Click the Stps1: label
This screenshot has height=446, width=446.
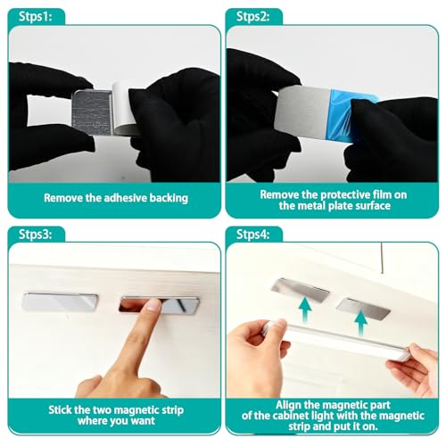[x=36, y=16]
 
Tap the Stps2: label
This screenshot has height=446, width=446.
[x=253, y=16]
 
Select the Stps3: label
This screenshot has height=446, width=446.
[x=36, y=235]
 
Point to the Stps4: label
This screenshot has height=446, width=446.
[x=253, y=235]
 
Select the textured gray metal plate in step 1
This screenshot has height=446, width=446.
[x=92, y=112]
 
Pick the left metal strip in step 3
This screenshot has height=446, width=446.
[x=60, y=302]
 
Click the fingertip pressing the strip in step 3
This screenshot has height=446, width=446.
[x=154, y=304]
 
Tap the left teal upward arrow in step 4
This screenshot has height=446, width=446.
[x=305, y=310]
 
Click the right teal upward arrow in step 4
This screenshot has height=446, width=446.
[x=361, y=323]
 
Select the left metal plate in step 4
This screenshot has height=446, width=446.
[x=301, y=290]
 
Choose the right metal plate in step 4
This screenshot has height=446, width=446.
[x=363, y=309]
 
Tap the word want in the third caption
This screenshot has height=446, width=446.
[x=142, y=421]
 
